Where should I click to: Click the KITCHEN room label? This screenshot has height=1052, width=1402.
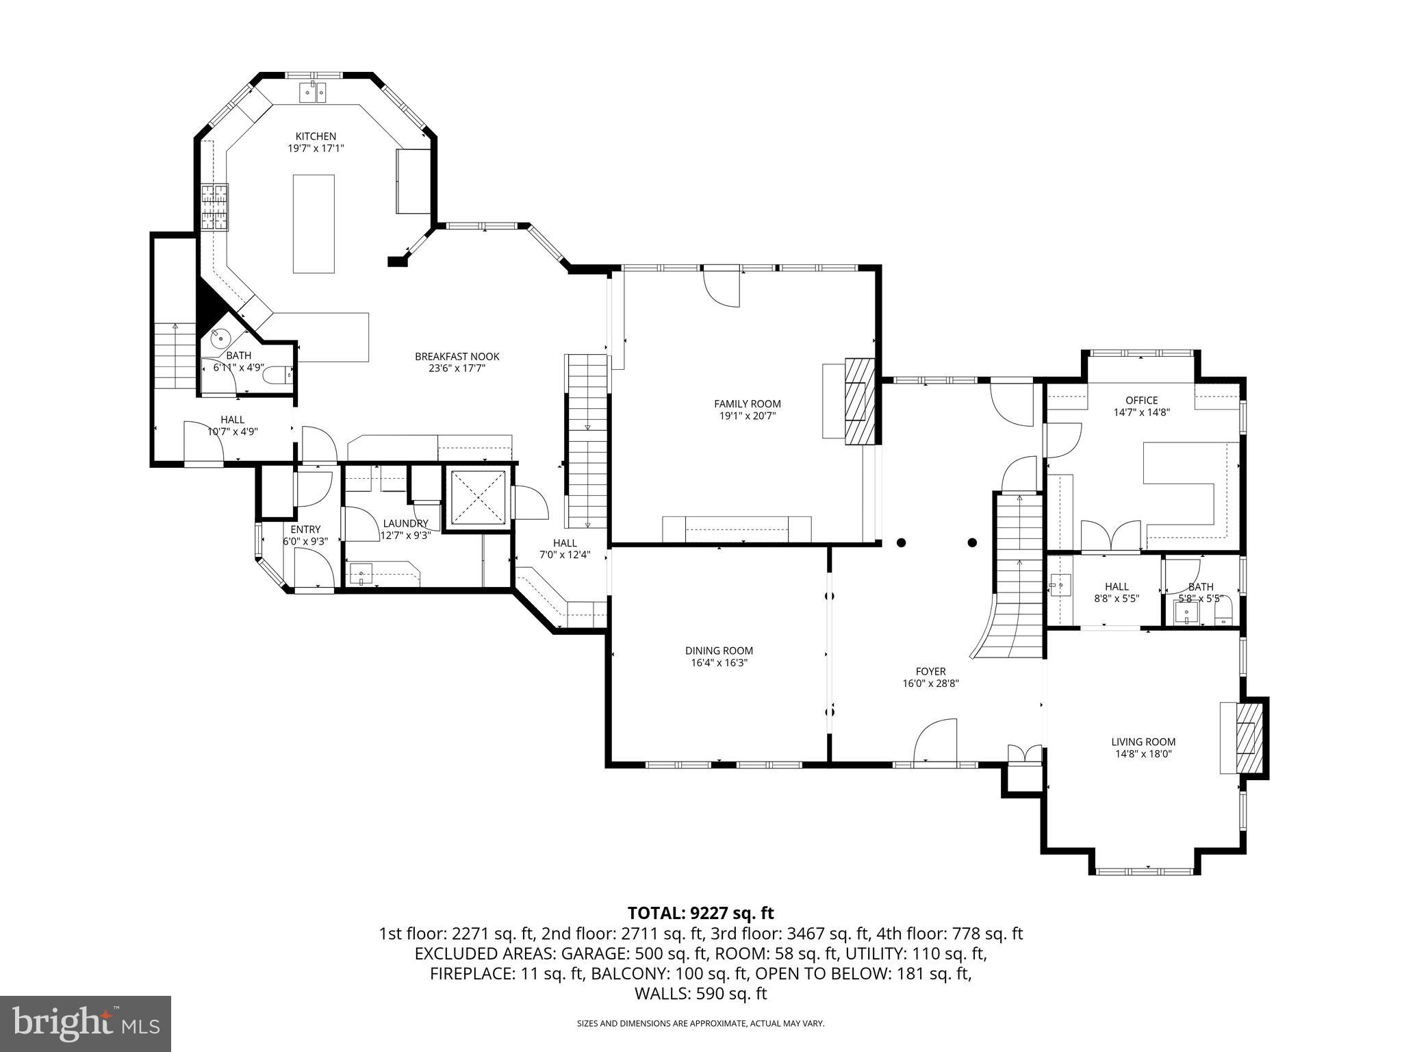[x=316, y=136]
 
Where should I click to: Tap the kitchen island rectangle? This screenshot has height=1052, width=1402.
[x=314, y=224]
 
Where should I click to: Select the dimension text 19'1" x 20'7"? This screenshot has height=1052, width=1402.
[x=747, y=416]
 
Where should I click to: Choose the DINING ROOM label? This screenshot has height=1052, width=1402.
[x=719, y=651]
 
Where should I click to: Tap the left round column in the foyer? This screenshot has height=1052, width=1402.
[x=902, y=542]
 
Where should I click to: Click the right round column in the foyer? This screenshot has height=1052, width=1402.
[x=972, y=542]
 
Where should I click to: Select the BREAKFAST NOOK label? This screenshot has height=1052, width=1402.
[x=457, y=356]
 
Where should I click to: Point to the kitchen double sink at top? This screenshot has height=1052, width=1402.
[x=315, y=92]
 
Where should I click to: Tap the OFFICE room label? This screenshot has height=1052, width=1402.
[x=1142, y=401]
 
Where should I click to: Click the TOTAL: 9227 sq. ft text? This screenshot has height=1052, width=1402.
[x=700, y=913]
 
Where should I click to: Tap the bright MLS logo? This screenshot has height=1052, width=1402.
[x=86, y=1024]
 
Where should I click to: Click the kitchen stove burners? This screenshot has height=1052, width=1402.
[x=214, y=208]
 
